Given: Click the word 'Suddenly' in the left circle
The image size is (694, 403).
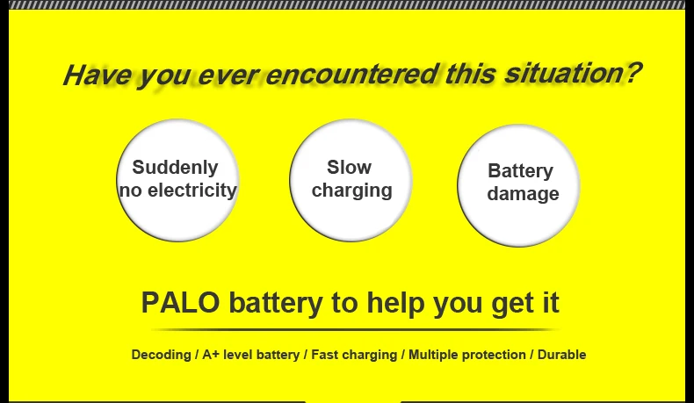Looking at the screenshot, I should coord(175,168).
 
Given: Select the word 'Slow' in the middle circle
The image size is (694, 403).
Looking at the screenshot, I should coord(350,167).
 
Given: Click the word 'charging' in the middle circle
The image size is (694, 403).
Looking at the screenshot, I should coord(352,190).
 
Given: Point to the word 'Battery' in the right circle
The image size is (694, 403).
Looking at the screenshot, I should coord(520,170).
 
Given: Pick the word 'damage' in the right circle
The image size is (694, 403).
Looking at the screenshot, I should coord(523,193).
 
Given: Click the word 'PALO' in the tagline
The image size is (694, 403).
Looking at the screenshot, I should coord(180,303).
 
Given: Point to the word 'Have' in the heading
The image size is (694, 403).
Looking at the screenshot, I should coord(96,76).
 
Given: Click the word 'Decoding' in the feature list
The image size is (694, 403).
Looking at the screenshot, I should coord(161,355).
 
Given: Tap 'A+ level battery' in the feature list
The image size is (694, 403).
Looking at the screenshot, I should coord(251,355).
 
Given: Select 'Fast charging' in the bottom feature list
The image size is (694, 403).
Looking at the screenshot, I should coord(355,355).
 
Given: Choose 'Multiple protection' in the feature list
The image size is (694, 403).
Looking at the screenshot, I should coord(466,355).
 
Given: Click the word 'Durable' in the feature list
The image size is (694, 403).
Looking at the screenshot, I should coord(561,355).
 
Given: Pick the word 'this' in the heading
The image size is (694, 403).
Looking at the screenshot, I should coord(471,73).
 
